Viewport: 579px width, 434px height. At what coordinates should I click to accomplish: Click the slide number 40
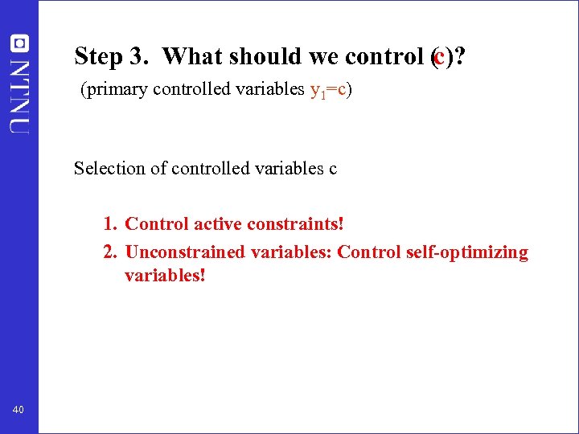tap(18, 411)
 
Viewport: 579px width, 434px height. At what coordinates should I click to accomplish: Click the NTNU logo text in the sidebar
tap(18, 96)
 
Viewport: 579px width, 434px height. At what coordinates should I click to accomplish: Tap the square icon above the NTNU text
tap(18, 43)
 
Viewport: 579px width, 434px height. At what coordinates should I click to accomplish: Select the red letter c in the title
tap(438, 56)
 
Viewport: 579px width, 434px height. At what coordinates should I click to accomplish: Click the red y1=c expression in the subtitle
tap(328, 90)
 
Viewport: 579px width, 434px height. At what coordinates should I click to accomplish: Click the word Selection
tap(106, 168)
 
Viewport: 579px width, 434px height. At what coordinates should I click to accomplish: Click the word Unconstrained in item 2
tap(185, 252)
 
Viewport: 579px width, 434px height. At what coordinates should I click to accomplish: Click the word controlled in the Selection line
tap(211, 168)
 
